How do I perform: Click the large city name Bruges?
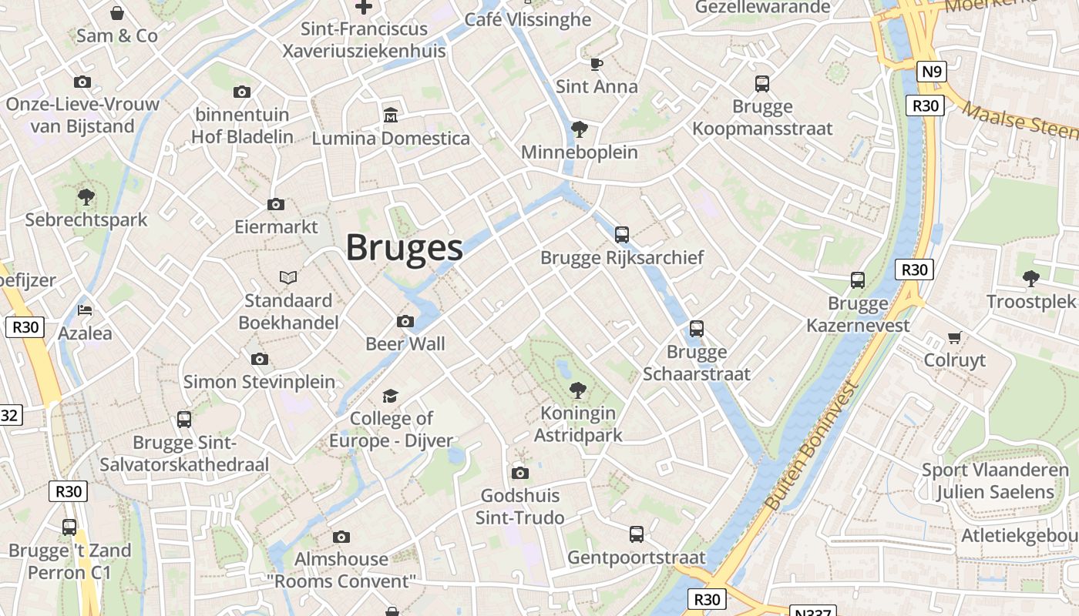click(x=404, y=247)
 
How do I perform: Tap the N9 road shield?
click(x=932, y=72)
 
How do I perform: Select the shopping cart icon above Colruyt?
click(x=955, y=337)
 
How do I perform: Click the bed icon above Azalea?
click(x=85, y=310)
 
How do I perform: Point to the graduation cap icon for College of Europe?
click(x=391, y=396)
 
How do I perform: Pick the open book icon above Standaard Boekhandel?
click(x=288, y=277)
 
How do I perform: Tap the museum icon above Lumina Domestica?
click(x=391, y=115)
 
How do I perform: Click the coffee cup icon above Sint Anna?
click(x=596, y=64)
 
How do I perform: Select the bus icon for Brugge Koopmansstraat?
click(x=762, y=83)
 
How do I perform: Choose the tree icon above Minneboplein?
click(x=579, y=129)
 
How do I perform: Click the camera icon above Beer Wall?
click(x=405, y=321)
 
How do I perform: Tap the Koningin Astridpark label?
click(x=578, y=423)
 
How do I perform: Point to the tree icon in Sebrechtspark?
click(x=86, y=196)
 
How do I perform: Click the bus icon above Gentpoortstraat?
click(x=637, y=534)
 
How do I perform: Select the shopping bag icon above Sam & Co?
click(x=117, y=13)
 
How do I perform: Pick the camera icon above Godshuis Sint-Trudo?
click(x=520, y=473)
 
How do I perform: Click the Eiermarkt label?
click(x=276, y=227)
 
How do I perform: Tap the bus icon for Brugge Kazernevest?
click(x=858, y=280)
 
